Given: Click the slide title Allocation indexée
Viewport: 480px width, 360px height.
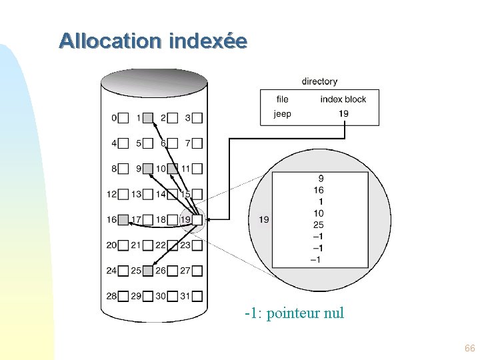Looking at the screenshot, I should [153, 41].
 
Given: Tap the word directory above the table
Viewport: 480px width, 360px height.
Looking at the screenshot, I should [319, 81].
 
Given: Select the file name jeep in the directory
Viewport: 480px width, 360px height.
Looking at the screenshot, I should [283, 113].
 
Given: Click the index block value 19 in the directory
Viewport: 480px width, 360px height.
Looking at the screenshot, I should [343, 113].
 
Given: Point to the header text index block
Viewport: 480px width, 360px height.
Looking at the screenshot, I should [343, 99].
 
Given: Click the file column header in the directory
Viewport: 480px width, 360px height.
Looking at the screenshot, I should [283, 99].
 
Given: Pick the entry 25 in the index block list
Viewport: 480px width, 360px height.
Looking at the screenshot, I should [319, 225].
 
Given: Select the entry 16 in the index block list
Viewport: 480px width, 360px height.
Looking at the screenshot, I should [319, 190].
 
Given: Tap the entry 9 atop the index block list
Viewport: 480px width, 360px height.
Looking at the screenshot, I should [321, 179].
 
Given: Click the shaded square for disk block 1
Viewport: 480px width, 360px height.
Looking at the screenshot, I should [148, 118].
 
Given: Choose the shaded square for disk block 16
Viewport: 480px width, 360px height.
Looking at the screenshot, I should [123, 219].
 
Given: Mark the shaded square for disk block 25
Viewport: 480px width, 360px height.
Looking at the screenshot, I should [148, 271].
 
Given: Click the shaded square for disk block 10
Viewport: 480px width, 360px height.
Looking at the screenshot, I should [172, 169].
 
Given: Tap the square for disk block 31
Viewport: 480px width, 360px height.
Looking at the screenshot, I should [197, 296].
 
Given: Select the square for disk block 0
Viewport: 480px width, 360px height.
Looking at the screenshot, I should [123, 118].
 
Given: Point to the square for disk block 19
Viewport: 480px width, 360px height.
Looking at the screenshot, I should [197, 219].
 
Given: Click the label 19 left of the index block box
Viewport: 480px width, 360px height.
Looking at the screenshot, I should [264, 219].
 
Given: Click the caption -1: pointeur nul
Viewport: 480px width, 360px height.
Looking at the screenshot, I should [294, 313].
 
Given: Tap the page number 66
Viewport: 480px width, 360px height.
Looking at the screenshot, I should [469, 349].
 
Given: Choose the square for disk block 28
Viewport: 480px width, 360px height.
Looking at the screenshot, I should [123, 296].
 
